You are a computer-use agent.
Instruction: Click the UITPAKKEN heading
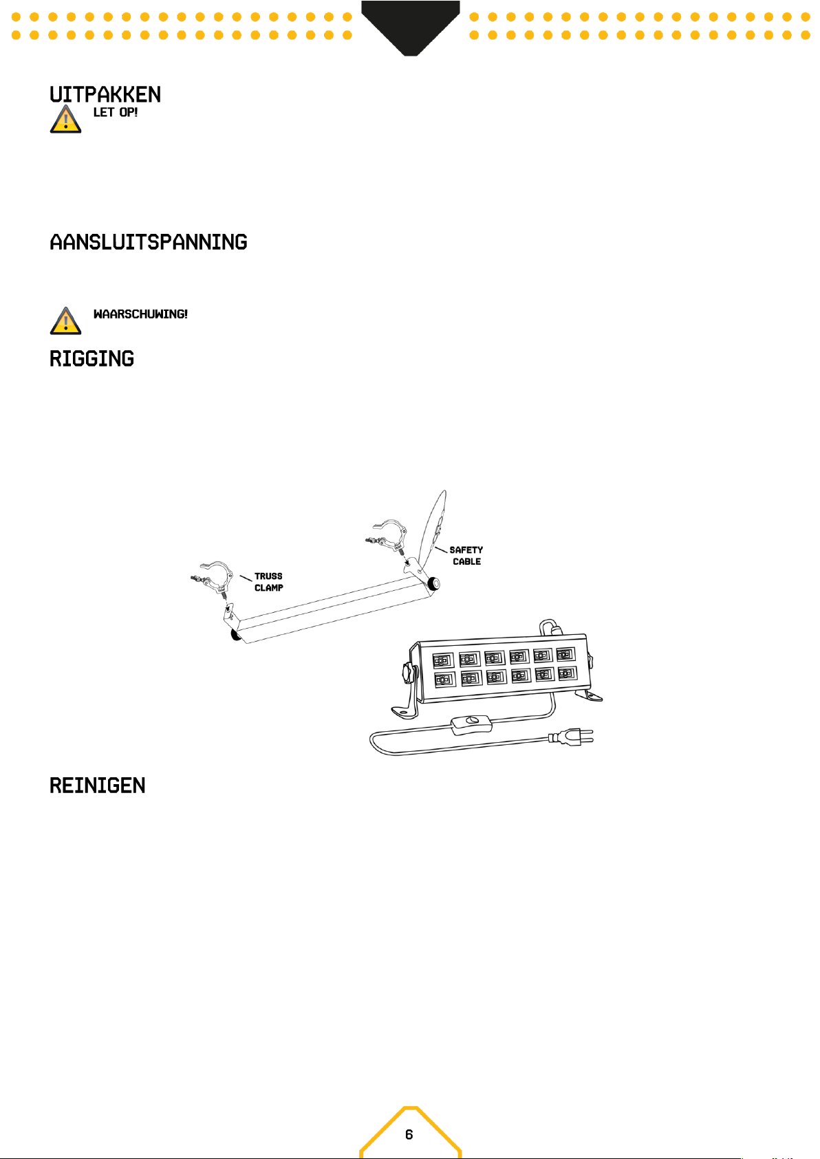105,94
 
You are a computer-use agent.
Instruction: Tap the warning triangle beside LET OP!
65,119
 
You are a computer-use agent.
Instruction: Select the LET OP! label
116,112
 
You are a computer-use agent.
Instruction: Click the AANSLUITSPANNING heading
149,242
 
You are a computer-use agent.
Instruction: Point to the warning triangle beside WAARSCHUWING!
65,321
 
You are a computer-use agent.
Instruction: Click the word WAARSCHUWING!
140,314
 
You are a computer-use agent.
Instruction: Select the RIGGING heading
91,359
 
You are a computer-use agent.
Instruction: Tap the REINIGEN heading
98,786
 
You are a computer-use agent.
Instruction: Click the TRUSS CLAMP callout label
268,582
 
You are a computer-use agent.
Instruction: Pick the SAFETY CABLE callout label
466,556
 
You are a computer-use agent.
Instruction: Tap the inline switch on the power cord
471,723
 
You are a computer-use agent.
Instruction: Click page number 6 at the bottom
409,1134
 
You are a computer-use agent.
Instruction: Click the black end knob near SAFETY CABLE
434,584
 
